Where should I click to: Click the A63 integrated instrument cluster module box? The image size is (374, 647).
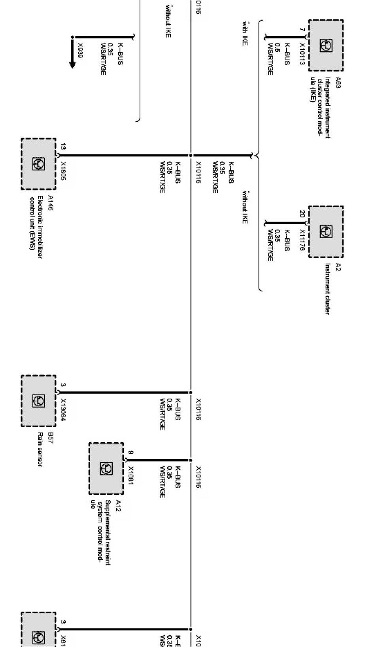[326, 45]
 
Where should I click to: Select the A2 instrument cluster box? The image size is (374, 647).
[326, 232]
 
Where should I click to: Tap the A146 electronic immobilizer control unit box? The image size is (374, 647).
[38, 164]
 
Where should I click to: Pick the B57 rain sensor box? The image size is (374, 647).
[38, 401]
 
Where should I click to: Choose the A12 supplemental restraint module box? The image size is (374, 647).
[106, 469]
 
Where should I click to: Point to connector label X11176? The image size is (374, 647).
[302, 240]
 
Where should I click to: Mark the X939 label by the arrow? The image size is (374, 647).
[80, 51]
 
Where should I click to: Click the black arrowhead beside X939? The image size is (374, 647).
[72, 64]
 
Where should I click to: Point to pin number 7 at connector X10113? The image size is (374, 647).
[302, 30]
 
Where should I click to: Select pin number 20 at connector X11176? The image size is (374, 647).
[302, 214]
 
